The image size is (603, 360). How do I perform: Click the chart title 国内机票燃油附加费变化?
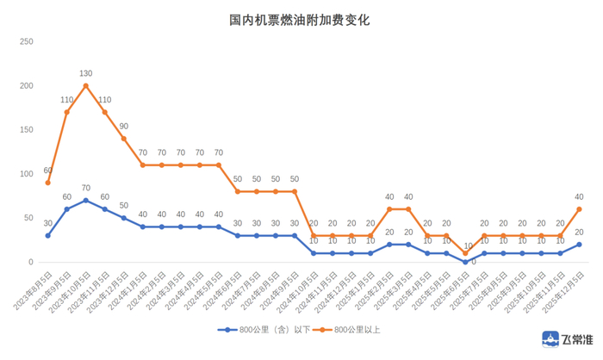tap(301, 18)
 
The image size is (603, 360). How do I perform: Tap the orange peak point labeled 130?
tap(86, 85)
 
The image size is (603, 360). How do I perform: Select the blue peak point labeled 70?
tap(86, 200)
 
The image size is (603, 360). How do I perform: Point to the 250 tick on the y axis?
tap(26, 41)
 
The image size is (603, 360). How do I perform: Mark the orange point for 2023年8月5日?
tap(48, 183)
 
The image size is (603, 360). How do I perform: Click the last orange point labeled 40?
tap(579, 209)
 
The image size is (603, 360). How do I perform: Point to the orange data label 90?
tap(123, 127)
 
